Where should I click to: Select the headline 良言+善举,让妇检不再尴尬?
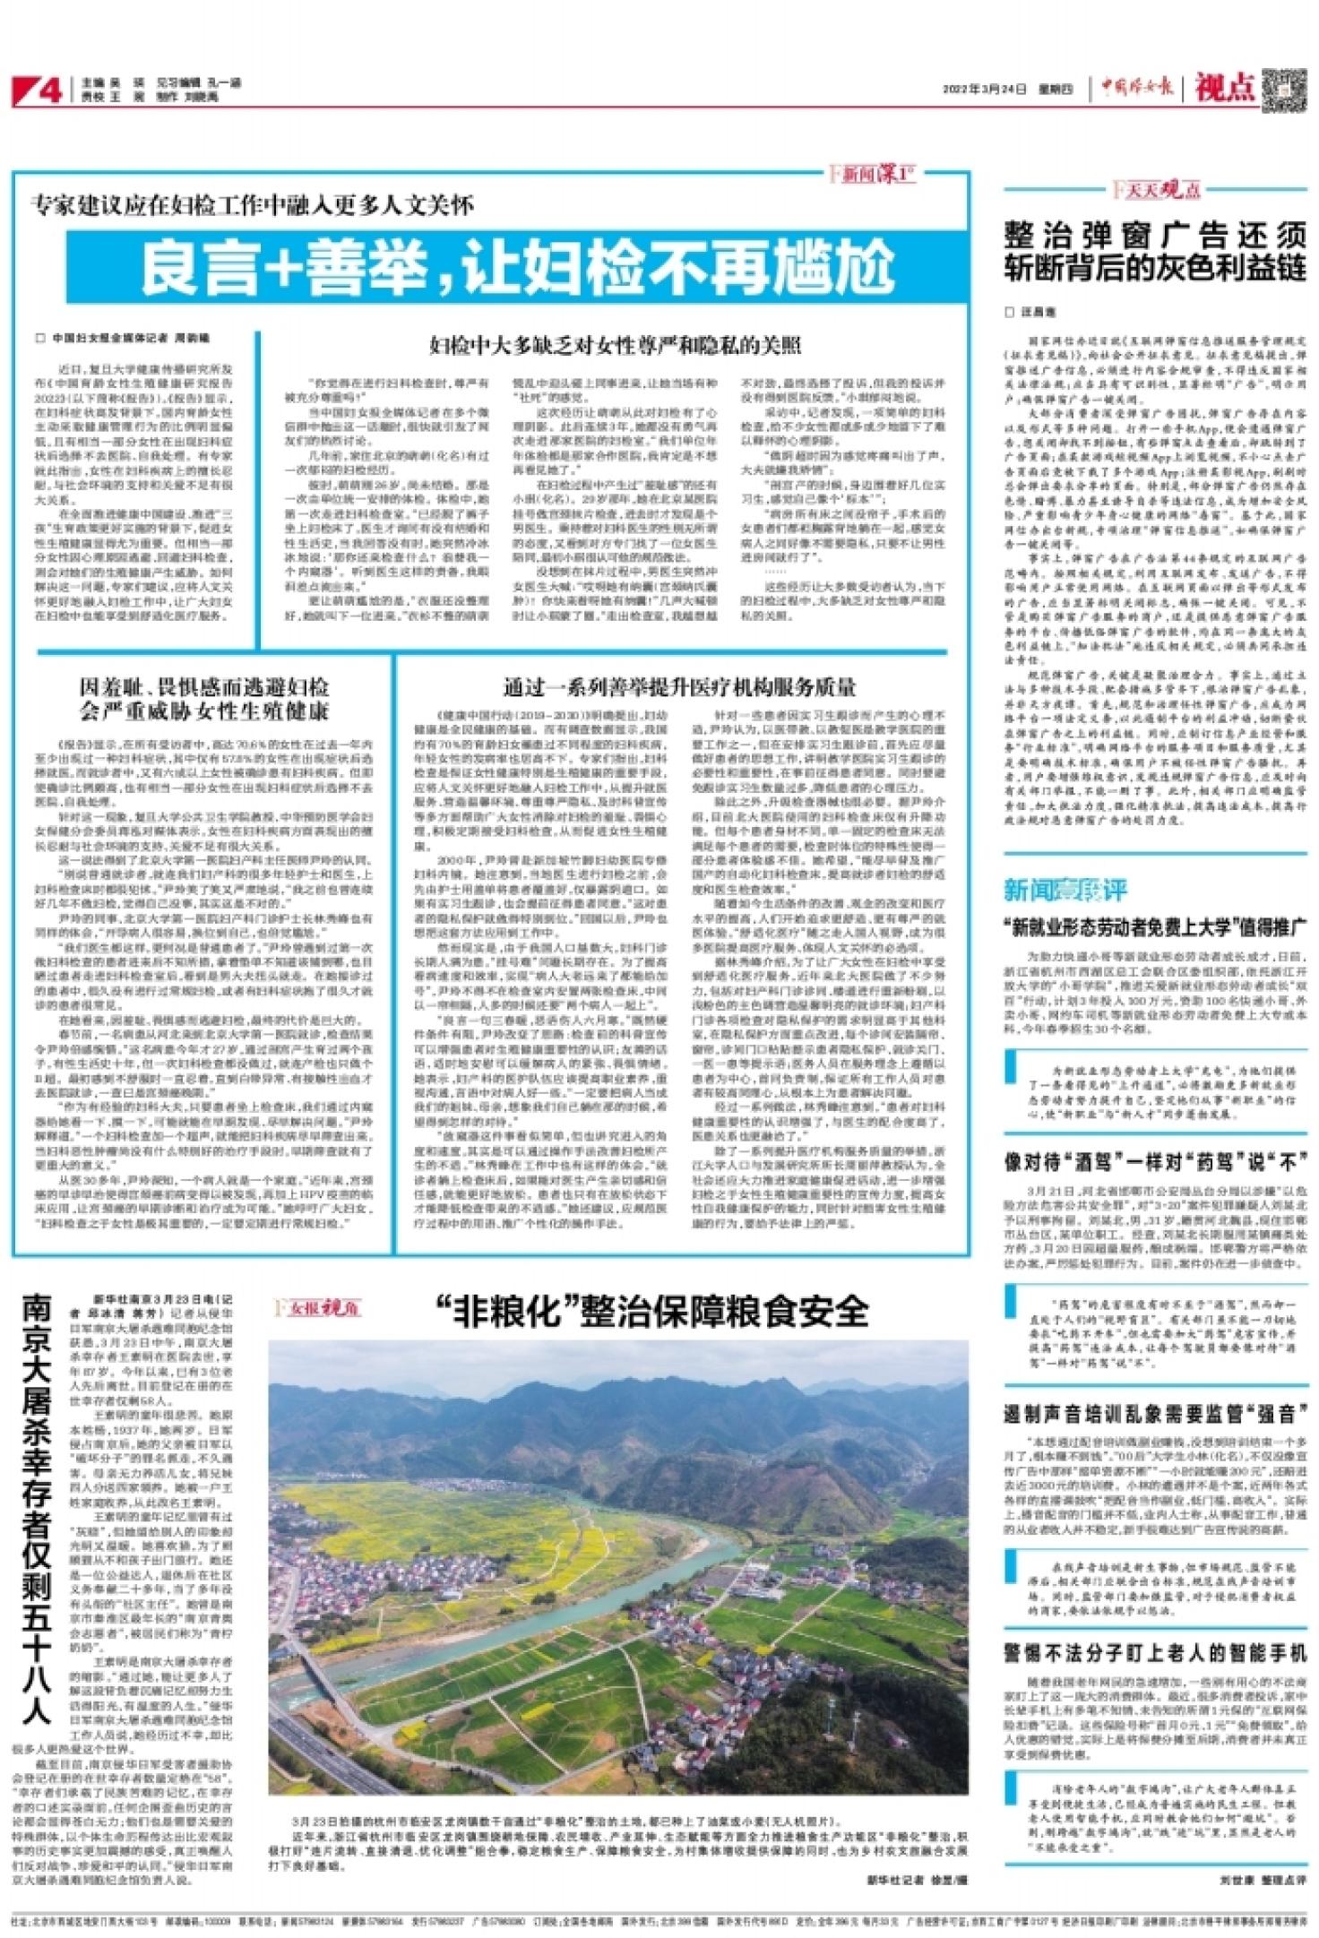(x=521, y=265)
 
